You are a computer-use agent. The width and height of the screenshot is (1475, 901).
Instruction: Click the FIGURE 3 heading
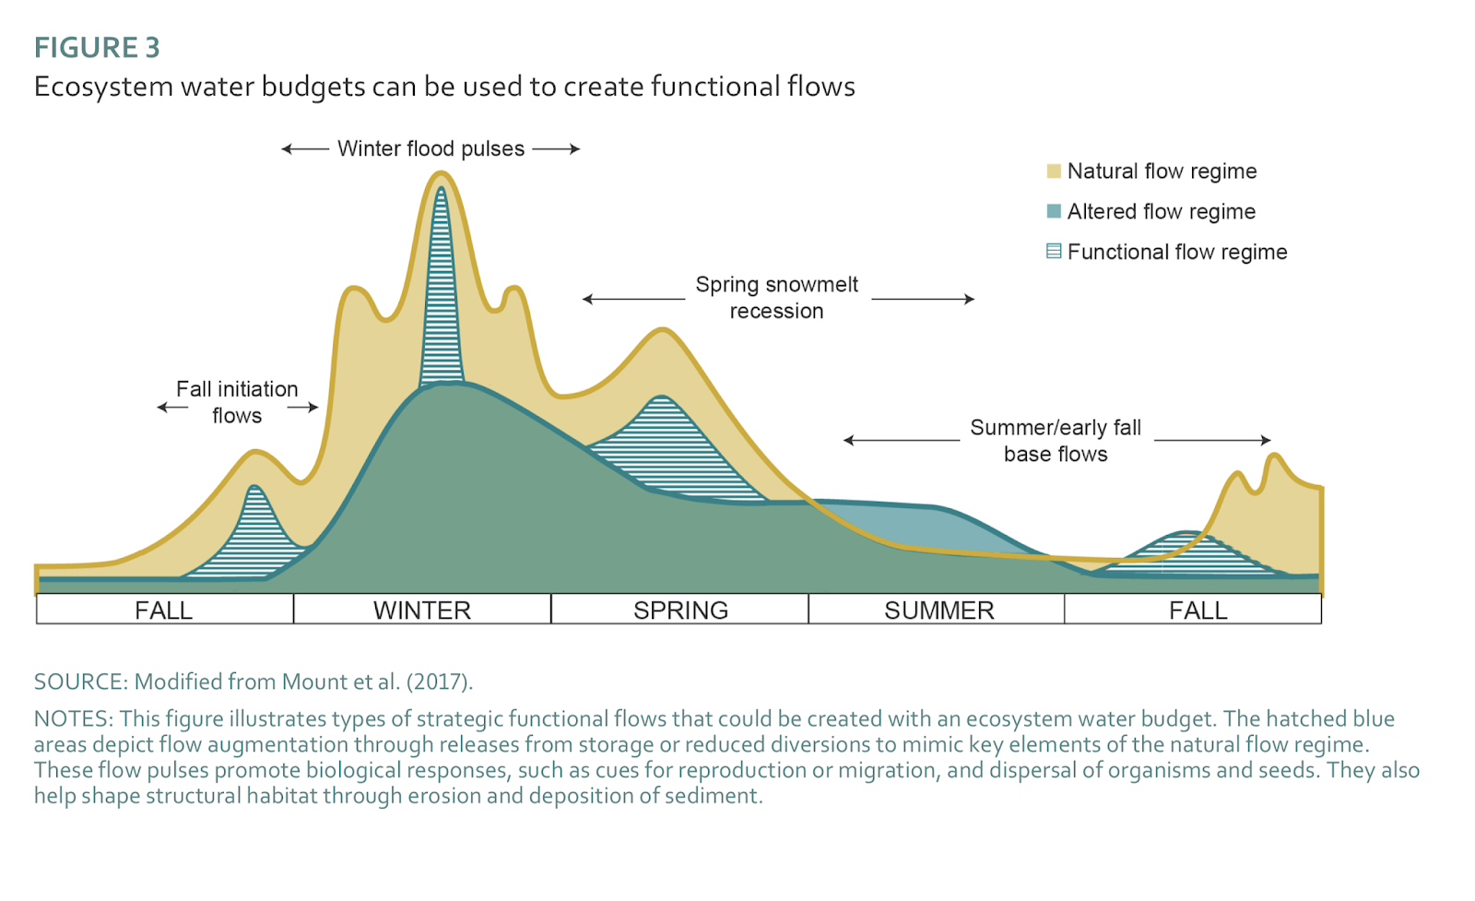click(x=97, y=47)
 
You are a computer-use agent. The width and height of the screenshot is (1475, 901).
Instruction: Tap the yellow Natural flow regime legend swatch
click(x=1054, y=171)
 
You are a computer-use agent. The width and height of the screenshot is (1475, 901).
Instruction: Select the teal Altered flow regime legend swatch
click(x=1054, y=211)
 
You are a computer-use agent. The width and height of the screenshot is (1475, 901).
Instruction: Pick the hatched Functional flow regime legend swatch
click(x=1054, y=251)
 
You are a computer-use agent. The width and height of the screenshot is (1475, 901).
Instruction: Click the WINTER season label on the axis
click(x=422, y=611)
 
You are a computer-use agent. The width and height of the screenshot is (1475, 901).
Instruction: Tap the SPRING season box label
click(x=680, y=611)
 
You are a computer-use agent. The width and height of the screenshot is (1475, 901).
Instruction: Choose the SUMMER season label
click(x=938, y=611)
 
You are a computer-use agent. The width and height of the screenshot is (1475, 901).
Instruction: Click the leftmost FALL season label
click(x=164, y=611)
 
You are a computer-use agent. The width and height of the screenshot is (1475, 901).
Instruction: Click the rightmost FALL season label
click(x=1198, y=611)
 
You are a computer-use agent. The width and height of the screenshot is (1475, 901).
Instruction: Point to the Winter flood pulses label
click(x=431, y=148)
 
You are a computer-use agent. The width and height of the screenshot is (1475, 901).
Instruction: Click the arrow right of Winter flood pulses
click(x=556, y=148)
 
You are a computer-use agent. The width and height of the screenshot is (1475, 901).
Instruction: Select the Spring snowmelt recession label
click(x=776, y=297)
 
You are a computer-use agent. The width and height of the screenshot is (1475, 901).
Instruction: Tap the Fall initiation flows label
click(x=237, y=402)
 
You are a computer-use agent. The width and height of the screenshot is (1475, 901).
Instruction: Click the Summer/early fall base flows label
click(x=1056, y=440)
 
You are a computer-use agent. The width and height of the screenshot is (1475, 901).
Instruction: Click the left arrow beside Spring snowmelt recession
click(x=633, y=299)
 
